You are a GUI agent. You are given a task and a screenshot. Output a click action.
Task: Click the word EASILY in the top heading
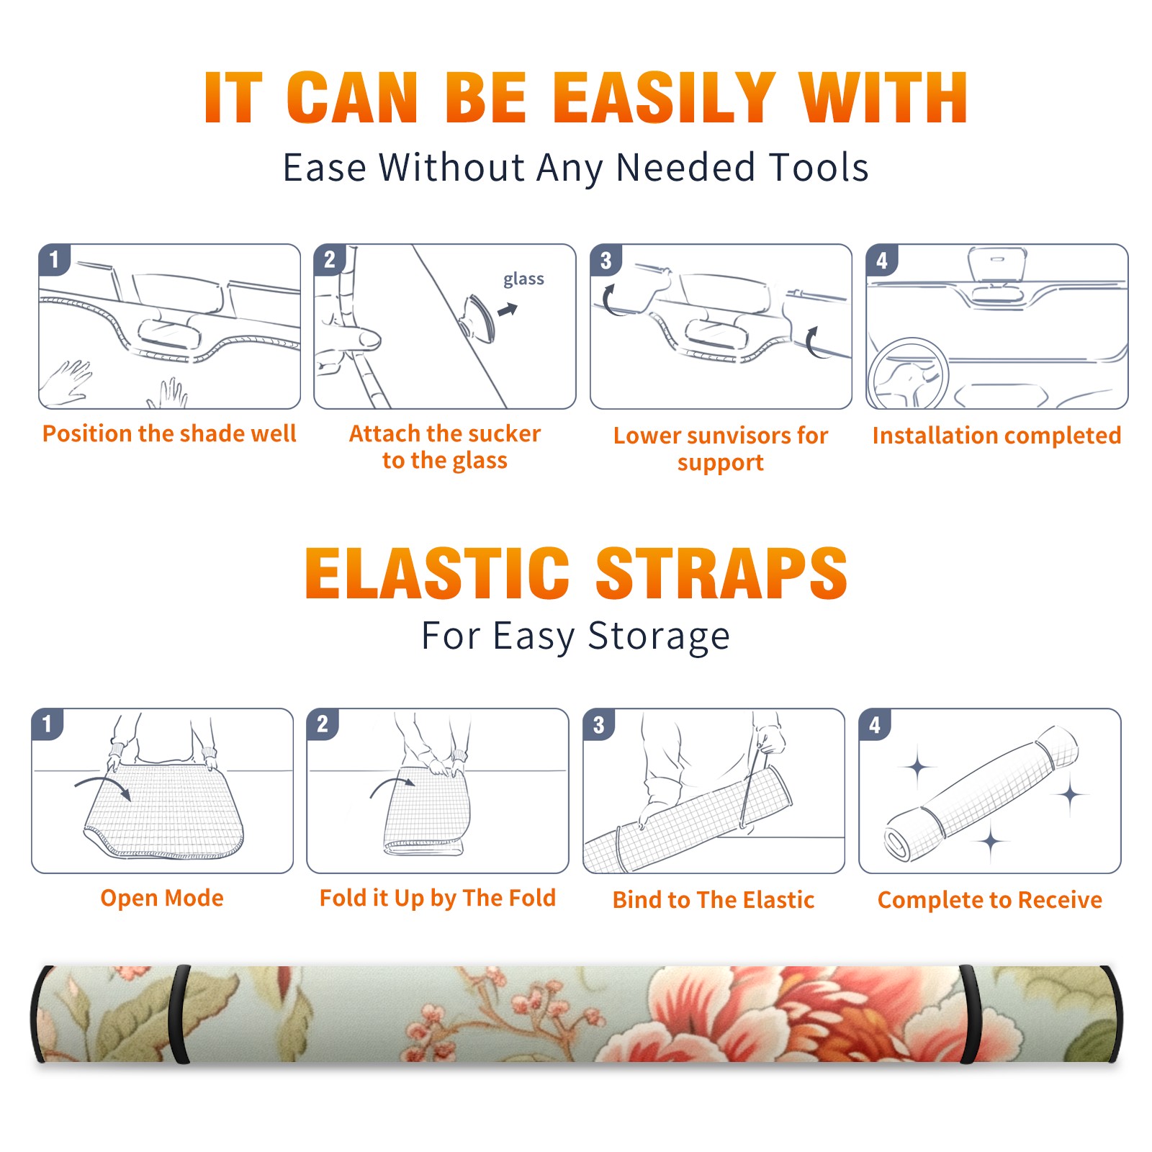(x=665, y=98)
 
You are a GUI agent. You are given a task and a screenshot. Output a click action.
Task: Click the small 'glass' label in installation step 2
(x=523, y=279)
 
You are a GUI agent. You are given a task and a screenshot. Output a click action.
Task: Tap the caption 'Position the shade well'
(x=169, y=433)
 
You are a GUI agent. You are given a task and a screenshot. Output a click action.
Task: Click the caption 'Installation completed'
(x=996, y=436)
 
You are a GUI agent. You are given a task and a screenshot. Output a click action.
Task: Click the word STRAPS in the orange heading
(x=721, y=573)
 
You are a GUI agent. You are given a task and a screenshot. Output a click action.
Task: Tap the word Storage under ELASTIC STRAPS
(x=659, y=636)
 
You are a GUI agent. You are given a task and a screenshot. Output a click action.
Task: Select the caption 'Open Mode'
(x=162, y=898)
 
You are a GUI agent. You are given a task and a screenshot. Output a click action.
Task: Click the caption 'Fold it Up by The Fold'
(x=438, y=899)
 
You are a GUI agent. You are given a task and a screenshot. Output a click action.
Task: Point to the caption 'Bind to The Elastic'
(x=714, y=900)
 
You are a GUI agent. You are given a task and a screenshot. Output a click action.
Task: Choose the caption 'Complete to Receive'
(x=990, y=900)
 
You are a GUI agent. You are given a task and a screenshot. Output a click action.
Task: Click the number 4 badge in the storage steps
(x=875, y=724)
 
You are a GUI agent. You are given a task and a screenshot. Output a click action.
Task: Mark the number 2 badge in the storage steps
(x=323, y=724)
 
